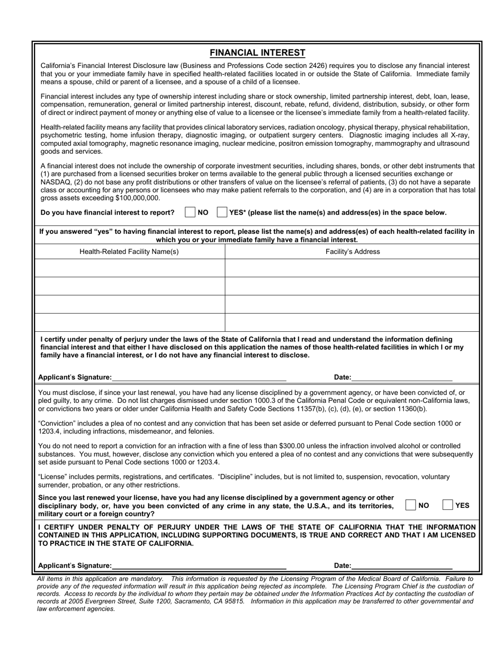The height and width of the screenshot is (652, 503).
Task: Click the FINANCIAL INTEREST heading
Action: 257,52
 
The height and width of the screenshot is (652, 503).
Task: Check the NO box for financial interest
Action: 190,213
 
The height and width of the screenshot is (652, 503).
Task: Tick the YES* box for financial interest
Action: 222,213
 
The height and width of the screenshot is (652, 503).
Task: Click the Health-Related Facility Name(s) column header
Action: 129,252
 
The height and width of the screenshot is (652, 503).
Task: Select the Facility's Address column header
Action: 353,252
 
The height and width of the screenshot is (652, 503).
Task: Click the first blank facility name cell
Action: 129,268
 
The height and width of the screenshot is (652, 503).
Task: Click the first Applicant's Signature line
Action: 199,377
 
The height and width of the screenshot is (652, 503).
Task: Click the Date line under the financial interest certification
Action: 402,377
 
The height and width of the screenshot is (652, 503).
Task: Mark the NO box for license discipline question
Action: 410,505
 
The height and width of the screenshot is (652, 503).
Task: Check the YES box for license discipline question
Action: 447,505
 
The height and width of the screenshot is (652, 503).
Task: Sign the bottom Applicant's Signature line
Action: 199,565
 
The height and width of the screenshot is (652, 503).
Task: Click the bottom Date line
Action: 402,565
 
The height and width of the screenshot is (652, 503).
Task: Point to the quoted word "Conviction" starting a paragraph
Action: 58,424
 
